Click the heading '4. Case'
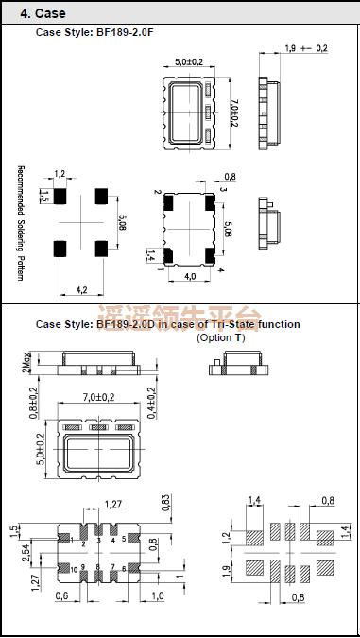coord(43,13)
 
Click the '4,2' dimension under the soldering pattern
coord(81,290)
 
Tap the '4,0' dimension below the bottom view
coord(189,277)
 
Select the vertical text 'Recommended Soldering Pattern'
coord(20,223)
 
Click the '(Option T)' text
coord(220,337)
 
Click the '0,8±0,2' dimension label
coord(33,405)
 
